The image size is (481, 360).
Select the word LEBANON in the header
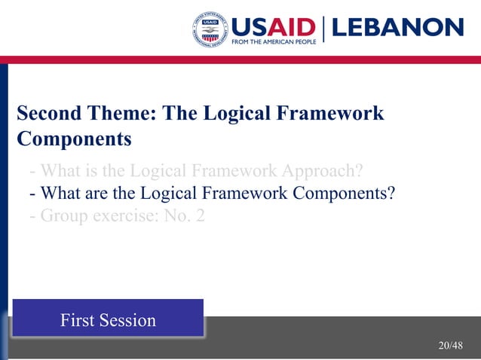tap(397, 27)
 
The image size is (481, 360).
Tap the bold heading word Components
tap(74, 139)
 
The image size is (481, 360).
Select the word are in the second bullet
tap(104, 193)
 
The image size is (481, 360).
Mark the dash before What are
tap(32, 194)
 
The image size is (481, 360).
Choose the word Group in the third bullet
tap(63, 216)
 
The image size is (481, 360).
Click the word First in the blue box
tap(78, 320)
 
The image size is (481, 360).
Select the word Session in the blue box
tap(127, 320)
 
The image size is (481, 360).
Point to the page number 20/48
tap(450, 345)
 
